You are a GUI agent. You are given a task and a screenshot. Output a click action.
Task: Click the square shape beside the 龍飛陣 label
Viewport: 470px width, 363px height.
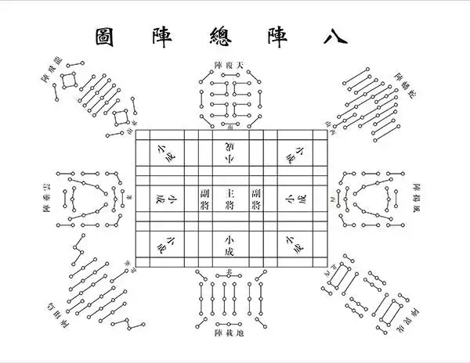click(x=69, y=79)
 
